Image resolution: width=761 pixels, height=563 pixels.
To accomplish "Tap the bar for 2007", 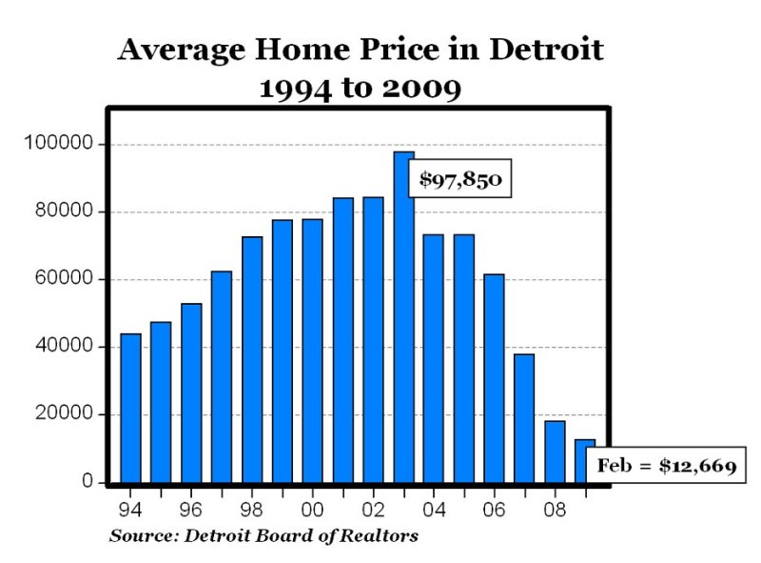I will [524, 418].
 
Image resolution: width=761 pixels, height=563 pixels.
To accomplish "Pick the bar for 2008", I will [555, 452].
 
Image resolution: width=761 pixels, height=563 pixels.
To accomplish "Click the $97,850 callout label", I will [460, 178].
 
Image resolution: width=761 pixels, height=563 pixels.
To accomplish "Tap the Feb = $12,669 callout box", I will [667, 467].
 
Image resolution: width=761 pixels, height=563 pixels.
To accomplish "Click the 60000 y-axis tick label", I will [62, 279].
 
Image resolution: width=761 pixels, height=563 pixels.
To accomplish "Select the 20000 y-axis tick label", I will [62, 414].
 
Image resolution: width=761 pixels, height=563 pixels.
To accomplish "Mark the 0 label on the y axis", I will [88, 482].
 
